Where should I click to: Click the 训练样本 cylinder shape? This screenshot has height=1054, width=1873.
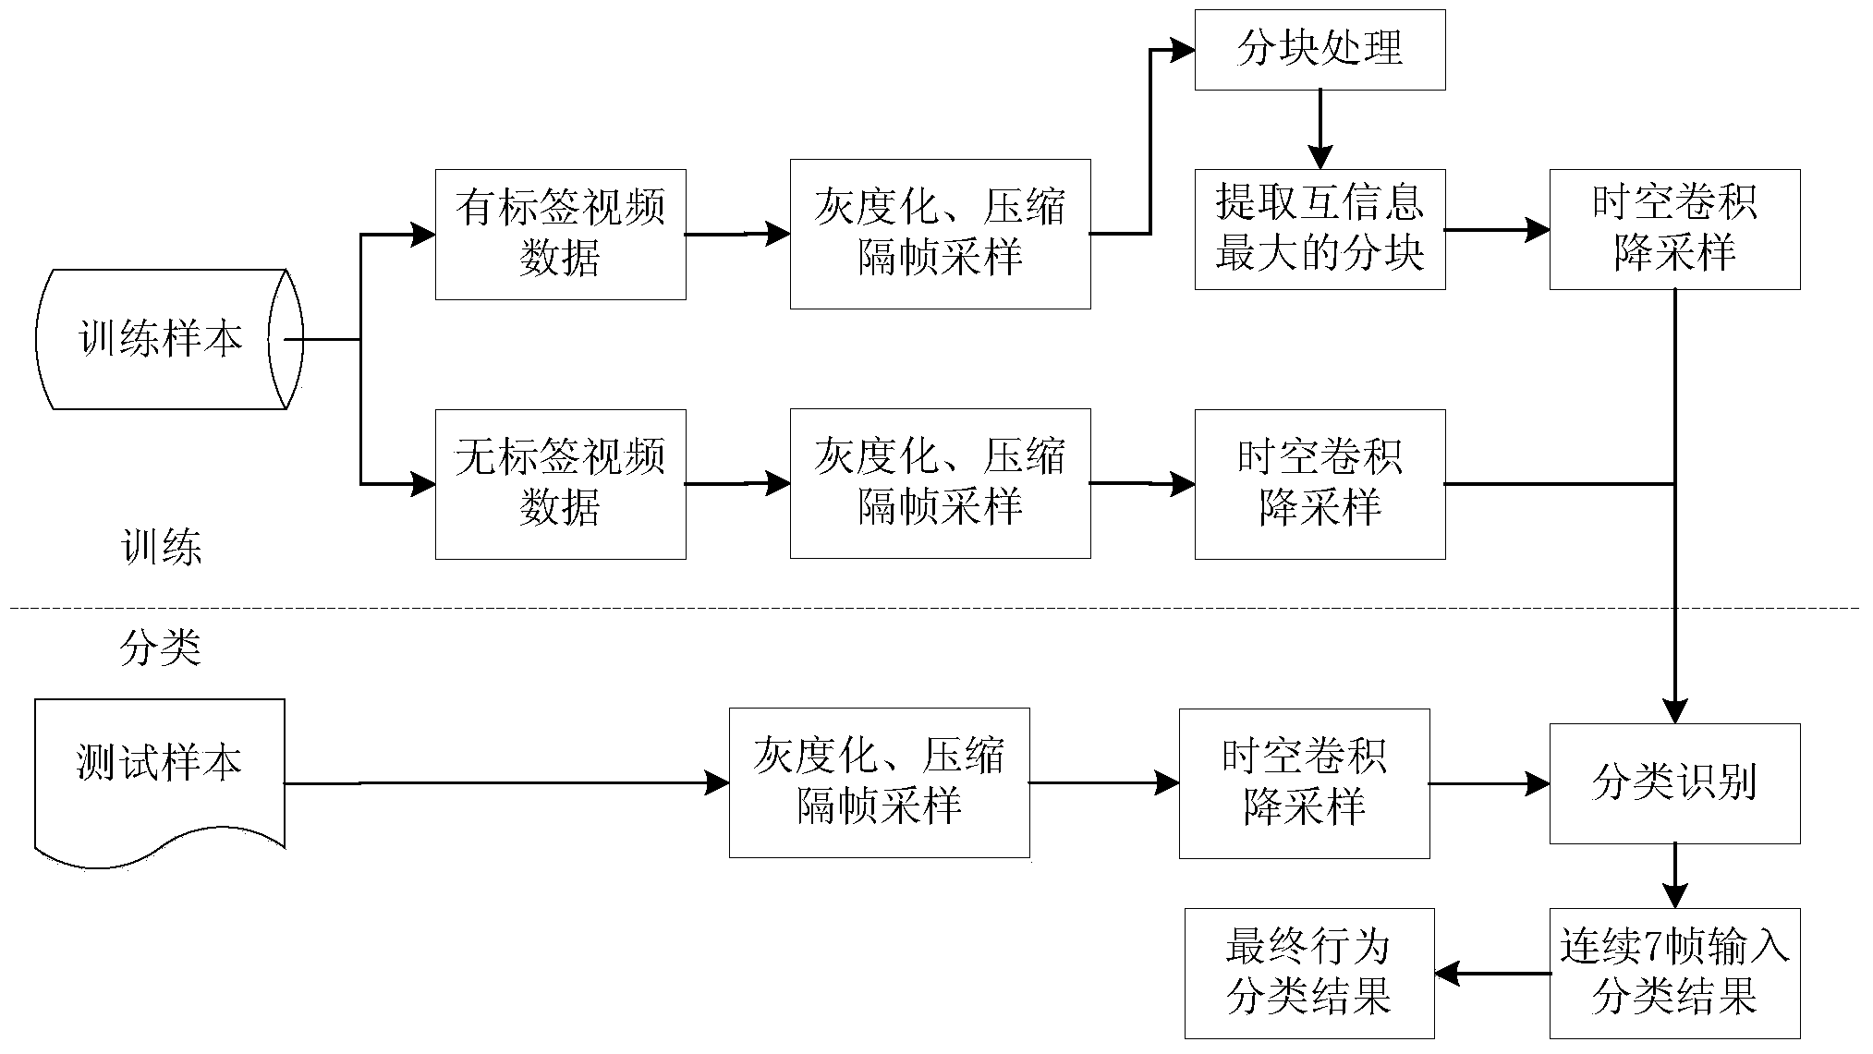(162, 339)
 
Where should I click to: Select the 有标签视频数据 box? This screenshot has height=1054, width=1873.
(560, 234)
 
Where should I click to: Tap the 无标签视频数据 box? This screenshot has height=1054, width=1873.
(560, 483)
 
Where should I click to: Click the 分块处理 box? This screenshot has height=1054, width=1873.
(1320, 50)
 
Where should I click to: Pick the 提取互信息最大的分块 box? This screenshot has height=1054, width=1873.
(1320, 229)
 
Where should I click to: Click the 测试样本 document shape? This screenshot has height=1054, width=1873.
(159, 776)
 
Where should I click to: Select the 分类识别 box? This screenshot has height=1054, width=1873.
(1674, 783)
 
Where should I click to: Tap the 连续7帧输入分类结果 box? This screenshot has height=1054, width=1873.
(1674, 973)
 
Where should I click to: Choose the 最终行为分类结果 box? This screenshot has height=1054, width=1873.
(1309, 973)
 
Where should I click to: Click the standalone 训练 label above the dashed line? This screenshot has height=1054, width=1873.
(162, 549)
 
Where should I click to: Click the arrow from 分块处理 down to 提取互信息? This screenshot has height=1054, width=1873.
(1320, 129)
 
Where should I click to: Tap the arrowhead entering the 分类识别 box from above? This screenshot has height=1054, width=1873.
(1674, 711)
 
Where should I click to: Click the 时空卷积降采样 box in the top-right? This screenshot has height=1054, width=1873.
(1674, 229)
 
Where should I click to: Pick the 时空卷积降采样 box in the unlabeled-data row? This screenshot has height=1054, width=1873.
(1320, 483)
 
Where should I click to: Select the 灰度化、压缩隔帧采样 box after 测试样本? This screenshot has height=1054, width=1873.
(879, 782)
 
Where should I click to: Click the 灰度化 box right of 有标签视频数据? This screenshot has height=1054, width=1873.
(940, 234)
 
